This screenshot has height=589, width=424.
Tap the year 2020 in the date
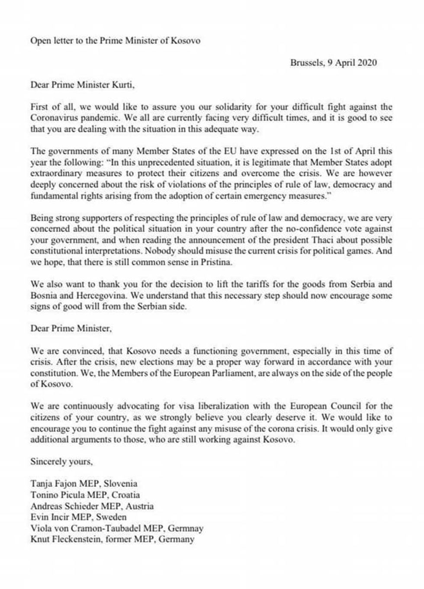click(367, 63)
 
